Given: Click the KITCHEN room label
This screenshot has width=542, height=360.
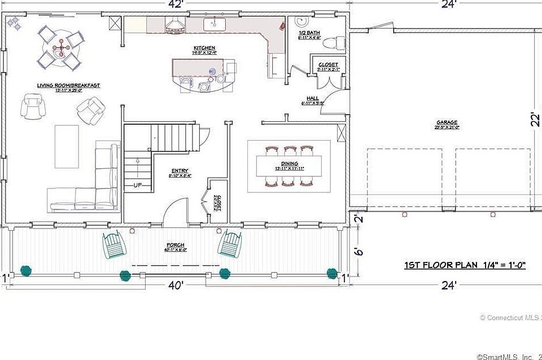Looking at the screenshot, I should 204,47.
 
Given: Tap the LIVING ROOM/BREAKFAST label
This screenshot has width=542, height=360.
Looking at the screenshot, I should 68,85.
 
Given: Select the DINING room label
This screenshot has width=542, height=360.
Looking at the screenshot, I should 290,164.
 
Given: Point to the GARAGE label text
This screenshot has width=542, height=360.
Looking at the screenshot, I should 446,122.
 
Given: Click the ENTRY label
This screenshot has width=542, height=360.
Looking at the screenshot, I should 180,171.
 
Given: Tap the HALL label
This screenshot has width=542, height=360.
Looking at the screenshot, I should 312,98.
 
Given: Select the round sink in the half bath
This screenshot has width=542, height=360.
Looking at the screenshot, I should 300,23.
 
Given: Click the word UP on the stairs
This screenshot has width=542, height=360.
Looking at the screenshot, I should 138,185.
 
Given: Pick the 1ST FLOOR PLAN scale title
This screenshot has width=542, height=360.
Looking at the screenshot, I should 465,265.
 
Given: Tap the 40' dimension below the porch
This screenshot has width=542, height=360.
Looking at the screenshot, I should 176,286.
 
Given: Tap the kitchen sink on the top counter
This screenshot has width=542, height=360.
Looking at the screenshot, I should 215,24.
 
